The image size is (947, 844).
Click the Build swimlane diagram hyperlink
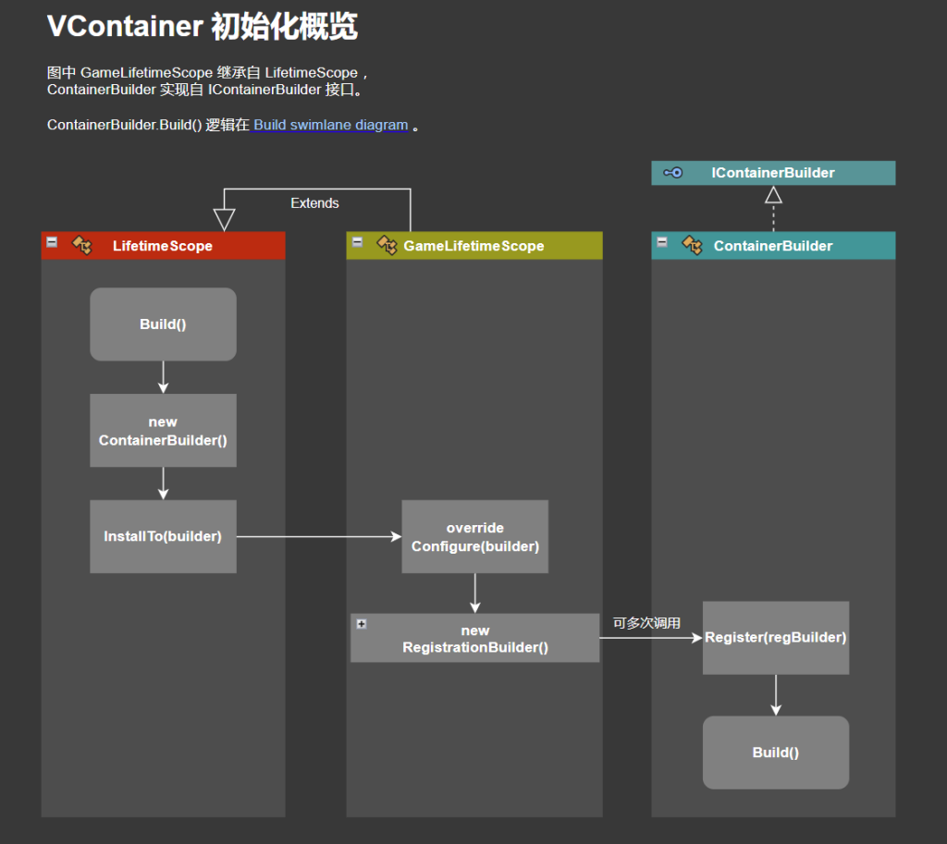pos(330,125)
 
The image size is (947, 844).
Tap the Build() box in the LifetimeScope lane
pos(163,324)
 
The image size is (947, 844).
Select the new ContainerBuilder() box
pos(163,431)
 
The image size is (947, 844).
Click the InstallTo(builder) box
pos(163,536)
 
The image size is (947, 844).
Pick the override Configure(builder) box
pos(474,536)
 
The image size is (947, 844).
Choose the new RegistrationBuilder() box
pos(474,639)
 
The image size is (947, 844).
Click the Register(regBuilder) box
pos(775,637)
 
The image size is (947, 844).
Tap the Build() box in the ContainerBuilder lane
pos(775,752)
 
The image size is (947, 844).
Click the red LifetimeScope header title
pos(162,246)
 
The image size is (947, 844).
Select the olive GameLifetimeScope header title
pos(473,246)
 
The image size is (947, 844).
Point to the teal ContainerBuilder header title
pos(772,246)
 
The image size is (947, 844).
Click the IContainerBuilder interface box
pos(772,173)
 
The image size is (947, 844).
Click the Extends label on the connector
pos(314,203)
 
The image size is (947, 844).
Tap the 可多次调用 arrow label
pos(646,623)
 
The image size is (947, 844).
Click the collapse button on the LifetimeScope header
pos(53,241)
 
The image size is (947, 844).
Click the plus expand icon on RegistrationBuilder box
pos(362,624)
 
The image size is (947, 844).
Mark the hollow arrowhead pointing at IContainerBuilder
pos(773,194)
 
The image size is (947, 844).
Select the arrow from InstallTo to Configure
pos(318,536)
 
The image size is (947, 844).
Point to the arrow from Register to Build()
pos(775,694)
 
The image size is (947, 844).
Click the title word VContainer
pos(124,27)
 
